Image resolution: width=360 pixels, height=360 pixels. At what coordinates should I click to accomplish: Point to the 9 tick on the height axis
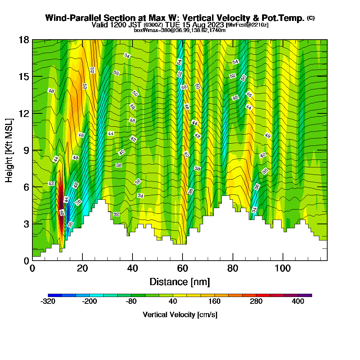[32, 150]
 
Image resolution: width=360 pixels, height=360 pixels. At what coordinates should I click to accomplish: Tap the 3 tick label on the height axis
[26, 224]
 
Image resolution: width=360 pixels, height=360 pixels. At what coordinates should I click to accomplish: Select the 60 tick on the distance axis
[183, 260]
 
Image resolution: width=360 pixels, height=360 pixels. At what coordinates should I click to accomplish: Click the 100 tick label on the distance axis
[283, 269]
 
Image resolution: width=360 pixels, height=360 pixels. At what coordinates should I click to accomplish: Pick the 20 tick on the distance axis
[82, 260]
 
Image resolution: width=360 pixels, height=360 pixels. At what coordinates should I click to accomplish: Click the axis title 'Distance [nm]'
[180, 282]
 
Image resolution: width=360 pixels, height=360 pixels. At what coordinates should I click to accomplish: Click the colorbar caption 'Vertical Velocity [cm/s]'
[180, 315]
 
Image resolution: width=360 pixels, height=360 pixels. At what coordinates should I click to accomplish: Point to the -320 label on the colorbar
[48, 302]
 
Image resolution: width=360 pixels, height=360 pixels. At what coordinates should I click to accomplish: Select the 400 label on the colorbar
[298, 302]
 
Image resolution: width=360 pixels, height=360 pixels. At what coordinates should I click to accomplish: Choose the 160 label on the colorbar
[215, 302]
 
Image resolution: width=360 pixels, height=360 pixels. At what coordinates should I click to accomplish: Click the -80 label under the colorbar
[131, 302]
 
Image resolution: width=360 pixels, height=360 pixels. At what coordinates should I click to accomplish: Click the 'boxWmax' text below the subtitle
[144, 30]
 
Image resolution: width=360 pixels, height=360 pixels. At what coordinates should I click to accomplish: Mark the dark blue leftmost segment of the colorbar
[55, 295]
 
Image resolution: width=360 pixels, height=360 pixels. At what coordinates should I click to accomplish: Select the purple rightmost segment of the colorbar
[305, 295]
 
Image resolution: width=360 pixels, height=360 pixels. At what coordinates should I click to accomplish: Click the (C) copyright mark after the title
[311, 18]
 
